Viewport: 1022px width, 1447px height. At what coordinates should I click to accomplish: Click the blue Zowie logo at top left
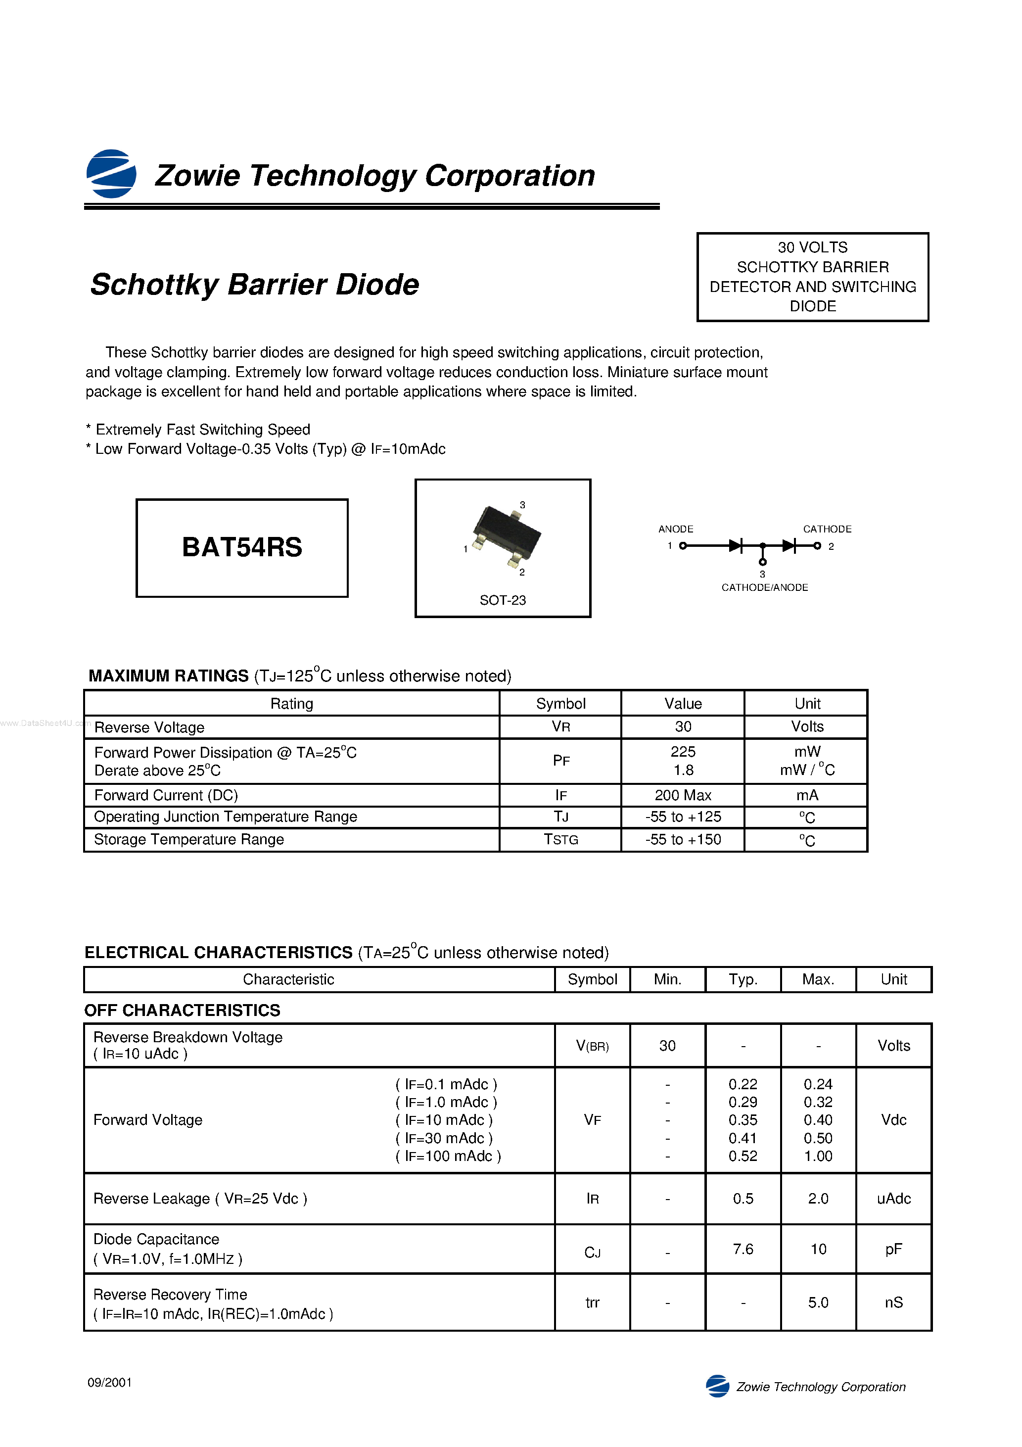111,174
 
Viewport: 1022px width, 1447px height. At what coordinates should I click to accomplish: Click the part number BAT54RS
242,547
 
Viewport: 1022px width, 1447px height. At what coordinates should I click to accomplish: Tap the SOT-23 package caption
502,600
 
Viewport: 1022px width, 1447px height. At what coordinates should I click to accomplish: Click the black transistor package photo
506,534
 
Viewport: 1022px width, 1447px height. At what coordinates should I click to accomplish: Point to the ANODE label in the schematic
675,529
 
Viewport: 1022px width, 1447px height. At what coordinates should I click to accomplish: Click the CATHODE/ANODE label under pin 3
764,587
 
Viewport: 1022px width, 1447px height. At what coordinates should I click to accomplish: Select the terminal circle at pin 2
817,546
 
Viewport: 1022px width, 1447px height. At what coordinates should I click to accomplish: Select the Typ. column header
743,979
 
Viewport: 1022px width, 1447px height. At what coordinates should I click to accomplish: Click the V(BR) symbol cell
592,1046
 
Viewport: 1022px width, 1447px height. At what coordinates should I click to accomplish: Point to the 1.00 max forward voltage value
818,1156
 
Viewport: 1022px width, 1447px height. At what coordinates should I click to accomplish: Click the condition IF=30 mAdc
444,1138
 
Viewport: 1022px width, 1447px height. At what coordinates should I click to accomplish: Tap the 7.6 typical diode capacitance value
743,1249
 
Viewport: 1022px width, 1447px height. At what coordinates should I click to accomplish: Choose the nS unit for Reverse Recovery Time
893,1302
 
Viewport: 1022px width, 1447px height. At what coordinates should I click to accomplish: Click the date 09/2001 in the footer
110,1383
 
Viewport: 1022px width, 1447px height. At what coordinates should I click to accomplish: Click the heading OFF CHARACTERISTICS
182,1010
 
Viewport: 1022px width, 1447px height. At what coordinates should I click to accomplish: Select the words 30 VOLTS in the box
812,247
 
